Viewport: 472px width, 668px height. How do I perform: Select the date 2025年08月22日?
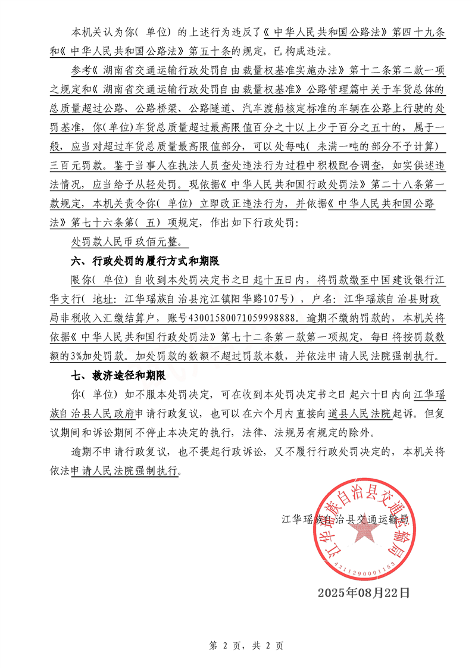[364, 592]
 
